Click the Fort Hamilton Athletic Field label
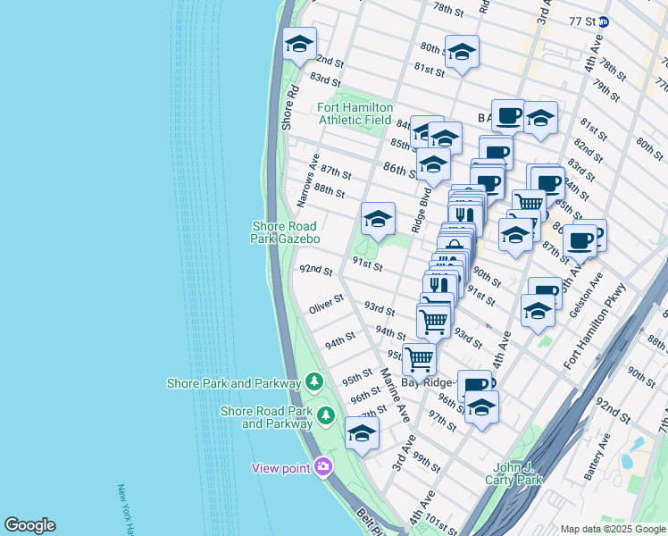355,113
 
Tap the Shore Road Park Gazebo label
286,233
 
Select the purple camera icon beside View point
322,466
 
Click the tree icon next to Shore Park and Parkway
313,382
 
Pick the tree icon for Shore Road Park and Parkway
326,415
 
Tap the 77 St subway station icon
605,21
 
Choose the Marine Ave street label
393,394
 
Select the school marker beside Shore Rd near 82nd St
299,43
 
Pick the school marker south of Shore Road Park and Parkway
362,432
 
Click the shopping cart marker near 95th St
419,358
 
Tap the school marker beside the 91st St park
378,218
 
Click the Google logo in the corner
29,525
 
